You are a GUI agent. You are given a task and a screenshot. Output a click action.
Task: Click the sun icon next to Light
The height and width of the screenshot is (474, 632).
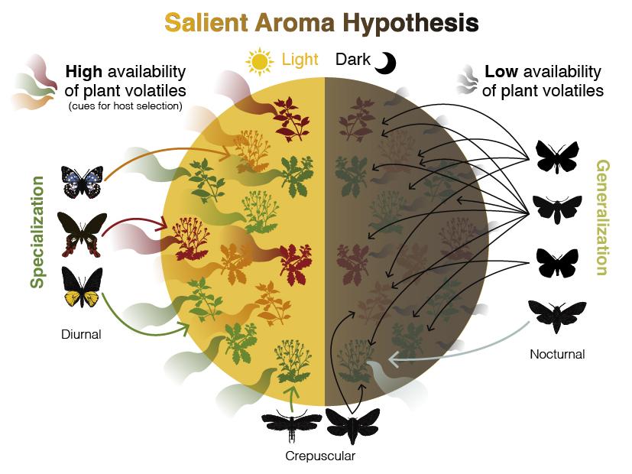pos(259,62)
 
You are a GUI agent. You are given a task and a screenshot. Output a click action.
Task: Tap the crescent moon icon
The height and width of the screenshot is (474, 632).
pos(386,63)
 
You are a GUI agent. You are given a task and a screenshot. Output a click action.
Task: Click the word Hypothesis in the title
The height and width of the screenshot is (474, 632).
pos(410,23)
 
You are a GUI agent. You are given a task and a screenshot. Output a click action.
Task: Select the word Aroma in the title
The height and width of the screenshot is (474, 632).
pos(294,23)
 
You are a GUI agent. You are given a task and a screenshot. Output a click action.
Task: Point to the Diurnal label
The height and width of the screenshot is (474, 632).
pos(81,334)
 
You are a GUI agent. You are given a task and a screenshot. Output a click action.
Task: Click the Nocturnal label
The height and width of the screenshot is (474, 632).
pos(557,354)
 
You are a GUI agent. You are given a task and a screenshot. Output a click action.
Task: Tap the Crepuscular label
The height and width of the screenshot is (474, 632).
pos(320,456)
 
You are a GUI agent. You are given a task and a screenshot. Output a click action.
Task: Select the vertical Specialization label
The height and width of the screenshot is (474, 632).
pos(37,232)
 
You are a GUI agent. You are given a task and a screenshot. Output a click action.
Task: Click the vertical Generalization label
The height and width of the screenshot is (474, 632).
pos(602,218)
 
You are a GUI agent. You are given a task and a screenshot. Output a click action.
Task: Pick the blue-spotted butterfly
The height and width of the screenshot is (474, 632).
pos(83,182)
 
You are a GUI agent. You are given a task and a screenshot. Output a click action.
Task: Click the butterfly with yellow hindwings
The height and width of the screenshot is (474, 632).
pos(82,287)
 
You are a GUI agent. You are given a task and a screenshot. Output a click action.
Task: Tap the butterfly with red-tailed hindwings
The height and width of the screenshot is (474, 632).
pos(83,234)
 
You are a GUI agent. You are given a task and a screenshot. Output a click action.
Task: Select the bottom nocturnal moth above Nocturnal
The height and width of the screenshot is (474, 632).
pos(557,317)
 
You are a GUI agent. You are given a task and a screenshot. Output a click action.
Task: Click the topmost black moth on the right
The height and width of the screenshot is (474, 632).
pos(557,157)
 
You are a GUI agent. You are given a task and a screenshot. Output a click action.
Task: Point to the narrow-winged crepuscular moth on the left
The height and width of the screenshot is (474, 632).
pos(291,425)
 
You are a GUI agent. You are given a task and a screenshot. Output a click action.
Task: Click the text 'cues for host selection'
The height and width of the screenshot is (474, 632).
pos(125,106)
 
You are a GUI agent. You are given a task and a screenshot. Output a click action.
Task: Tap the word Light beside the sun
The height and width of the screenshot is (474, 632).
pos(300,60)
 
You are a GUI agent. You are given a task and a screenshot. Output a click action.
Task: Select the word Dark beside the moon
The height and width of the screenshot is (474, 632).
pos(352,60)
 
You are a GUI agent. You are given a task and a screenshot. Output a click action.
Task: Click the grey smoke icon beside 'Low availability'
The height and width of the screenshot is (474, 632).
pos(467,80)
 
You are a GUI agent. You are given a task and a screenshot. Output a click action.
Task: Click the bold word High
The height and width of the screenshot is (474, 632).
pos(84,72)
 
